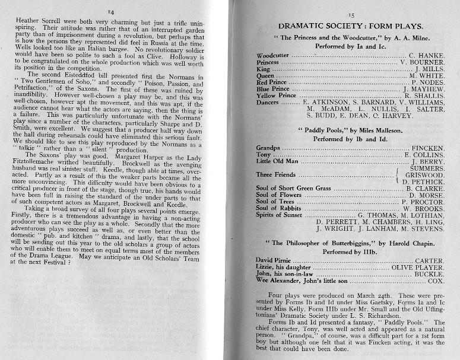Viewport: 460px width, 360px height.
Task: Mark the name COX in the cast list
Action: pyautogui.click(x=436, y=282)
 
